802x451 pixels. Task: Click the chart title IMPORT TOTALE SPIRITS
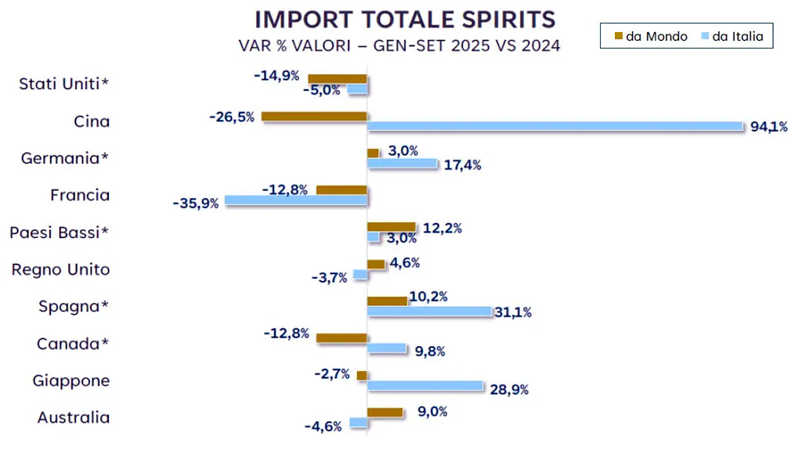click(x=405, y=19)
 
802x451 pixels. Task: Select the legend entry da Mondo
click(x=651, y=36)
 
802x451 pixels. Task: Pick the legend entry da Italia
click(x=730, y=36)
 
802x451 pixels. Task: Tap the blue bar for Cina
click(x=555, y=126)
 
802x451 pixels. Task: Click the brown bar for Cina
click(x=314, y=117)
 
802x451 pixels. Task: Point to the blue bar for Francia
click(x=296, y=200)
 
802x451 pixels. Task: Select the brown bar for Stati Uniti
click(x=338, y=78)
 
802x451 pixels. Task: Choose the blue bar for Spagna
click(x=429, y=312)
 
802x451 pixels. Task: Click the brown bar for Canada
click(x=341, y=337)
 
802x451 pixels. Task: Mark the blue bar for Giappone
click(x=425, y=385)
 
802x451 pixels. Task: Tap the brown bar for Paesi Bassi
click(x=392, y=227)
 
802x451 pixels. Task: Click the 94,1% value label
click(x=768, y=127)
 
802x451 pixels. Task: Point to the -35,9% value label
click(x=195, y=204)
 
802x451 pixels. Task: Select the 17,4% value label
click(x=462, y=164)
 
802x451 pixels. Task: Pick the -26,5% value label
click(x=232, y=117)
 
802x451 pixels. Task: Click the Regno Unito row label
click(x=60, y=269)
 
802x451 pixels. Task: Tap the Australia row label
click(x=74, y=417)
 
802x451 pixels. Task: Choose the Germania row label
click(x=65, y=158)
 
